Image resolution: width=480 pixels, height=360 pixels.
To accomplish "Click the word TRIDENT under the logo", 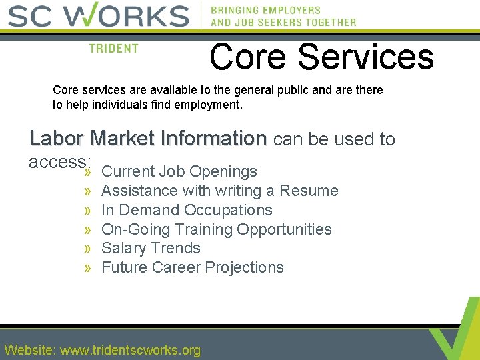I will tap(113, 49).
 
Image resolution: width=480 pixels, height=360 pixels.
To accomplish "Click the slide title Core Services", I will tap(321, 57).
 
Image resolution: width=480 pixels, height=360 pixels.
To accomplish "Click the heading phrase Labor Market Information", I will tap(148, 139).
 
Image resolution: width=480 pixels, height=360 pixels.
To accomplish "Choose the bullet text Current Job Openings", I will tap(179, 171).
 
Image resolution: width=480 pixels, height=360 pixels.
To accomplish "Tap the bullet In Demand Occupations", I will tap(187, 210).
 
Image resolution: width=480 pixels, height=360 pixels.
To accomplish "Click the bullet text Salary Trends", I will tap(151, 248).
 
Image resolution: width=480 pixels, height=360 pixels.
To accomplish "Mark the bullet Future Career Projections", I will tap(192, 267).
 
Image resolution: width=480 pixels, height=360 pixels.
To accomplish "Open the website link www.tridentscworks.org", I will tap(131, 350).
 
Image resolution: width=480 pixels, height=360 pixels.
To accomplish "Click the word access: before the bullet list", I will tap(59, 161).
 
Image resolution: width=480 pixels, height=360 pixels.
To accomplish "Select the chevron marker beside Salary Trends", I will tap(88, 249).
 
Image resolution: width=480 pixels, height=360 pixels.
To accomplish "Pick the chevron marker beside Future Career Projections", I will tap(88, 268).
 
